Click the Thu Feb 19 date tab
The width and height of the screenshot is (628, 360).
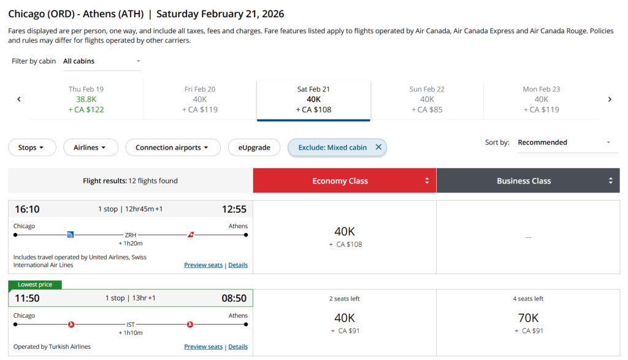[86, 99]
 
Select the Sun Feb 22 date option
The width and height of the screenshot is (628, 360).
[427, 99]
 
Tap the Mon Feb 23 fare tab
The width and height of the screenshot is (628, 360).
[541, 99]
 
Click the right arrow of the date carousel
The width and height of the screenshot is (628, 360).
[610, 99]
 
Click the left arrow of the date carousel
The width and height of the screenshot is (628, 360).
[19, 99]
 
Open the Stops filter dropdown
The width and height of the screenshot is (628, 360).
[32, 147]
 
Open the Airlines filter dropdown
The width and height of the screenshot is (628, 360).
[90, 147]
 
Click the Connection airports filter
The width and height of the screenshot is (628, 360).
[173, 147]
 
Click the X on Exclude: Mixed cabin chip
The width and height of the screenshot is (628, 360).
[378, 147]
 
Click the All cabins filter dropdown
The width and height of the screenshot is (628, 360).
[102, 61]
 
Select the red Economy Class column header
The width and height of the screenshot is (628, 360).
[344, 181]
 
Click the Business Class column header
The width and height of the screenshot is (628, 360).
[527, 181]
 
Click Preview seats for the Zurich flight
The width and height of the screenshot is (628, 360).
[203, 265]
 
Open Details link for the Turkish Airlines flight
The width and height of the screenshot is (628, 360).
[238, 347]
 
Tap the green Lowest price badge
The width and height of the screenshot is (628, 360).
[34, 285]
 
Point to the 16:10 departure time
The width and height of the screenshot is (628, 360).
[27, 209]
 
